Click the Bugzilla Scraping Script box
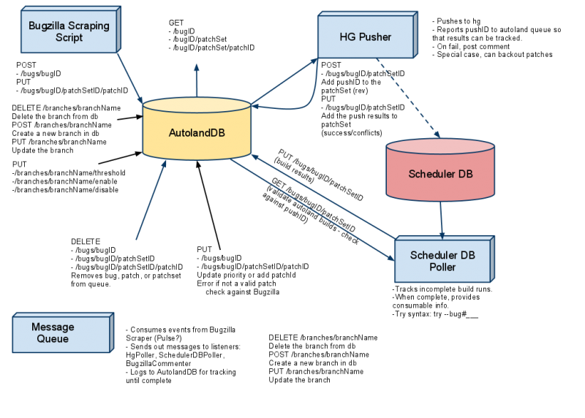click(69, 31)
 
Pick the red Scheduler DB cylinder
click(440, 173)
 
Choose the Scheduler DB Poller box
click(442, 261)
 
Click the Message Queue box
click(61, 333)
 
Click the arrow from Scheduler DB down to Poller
click(441, 219)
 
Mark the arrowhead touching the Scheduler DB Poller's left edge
click(390, 256)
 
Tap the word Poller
click(442, 267)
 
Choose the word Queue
click(53, 338)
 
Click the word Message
click(53, 327)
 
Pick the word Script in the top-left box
click(69, 37)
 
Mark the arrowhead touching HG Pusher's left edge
click(314, 58)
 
